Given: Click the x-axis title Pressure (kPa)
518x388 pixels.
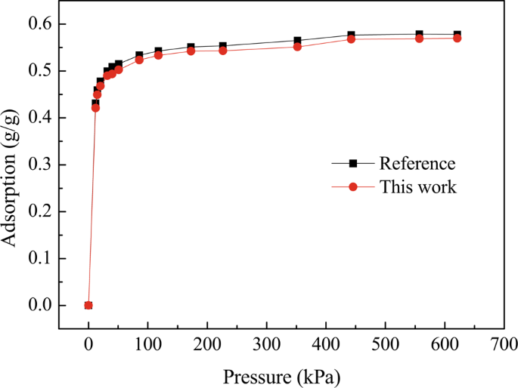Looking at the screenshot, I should pyautogui.click(x=281, y=374).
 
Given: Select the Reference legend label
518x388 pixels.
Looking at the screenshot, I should pyautogui.click(x=417, y=164).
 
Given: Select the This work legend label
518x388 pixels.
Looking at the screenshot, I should pyautogui.click(x=417, y=186).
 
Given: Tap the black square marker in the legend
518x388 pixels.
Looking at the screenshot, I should pyautogui.click(x=352, y=164).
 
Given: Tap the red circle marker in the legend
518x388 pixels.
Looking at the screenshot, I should pyautogui.click(x=352, y=186).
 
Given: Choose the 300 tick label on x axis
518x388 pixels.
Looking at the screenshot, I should pyautogui.click(x=266, y=345).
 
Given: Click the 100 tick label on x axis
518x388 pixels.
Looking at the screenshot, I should pyautogui.click(x=147, y=345).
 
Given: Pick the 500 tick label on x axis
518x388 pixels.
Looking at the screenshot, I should pyautogui.click(x=385, y=345).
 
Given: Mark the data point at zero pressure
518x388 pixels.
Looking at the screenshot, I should pyautogui.click(x=88, y=305).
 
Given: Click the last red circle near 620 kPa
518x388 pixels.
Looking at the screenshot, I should pyautogui.click(x=457, y=38).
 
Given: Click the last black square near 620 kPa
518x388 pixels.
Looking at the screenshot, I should pyautogui.click(x=457, y=34).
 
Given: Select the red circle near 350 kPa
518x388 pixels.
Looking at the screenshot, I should pyautogui.click(x=297, y=47).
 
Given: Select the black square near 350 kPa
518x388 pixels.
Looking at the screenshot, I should pyautogui.click(x=297, y=41).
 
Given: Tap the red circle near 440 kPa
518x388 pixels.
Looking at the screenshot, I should pyautogui.click(x=351, y=39).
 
